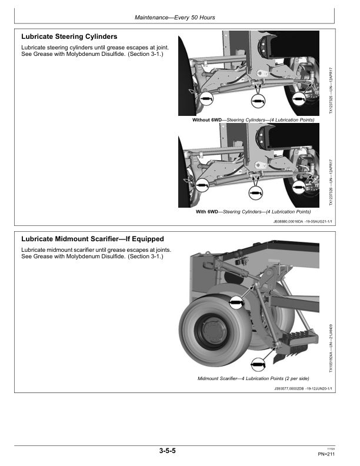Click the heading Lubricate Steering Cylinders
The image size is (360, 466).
click(x=69, y=36)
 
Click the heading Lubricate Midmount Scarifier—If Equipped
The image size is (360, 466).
click(x=92, y=239)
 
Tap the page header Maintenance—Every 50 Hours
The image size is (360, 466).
click(x=175, y=18)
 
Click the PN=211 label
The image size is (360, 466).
click(x=326, y=454)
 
